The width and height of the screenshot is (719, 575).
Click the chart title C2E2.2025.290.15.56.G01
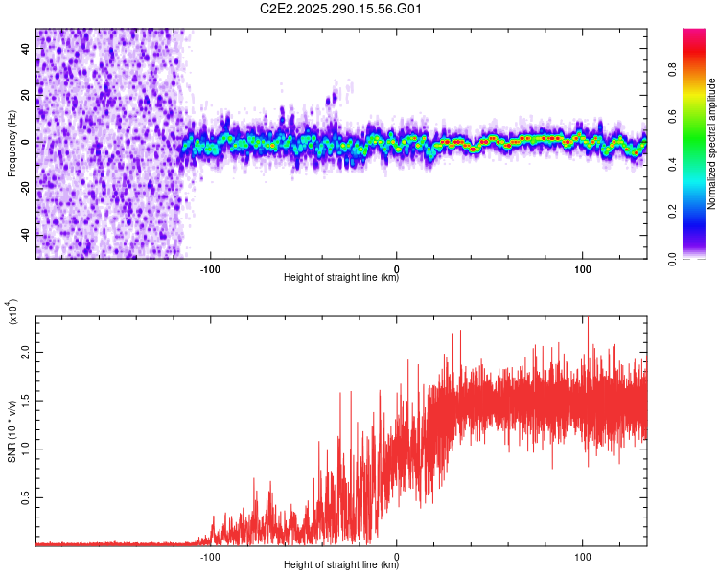point(341,10)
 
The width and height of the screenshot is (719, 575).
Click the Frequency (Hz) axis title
point(12,144)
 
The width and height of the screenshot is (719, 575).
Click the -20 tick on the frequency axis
point(25,189)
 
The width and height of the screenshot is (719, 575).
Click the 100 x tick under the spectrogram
point(583,267)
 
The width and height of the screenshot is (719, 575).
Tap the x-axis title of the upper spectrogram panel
point(341,278)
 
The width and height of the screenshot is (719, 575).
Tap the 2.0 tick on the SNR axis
point(25,352)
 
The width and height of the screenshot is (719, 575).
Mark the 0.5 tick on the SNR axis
point(25,498)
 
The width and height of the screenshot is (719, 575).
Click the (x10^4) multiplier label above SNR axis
point(12,312)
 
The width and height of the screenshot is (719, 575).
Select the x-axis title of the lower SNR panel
point(341,564)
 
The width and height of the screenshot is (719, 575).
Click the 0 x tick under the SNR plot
point(397,555)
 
